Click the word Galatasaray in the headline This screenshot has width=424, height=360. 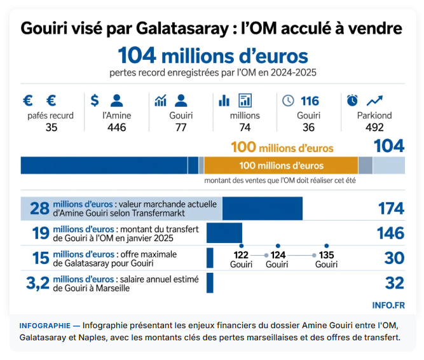pos(183,29)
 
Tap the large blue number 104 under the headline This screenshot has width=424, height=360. pos(137,55)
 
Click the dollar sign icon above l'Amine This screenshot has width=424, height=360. pos(95,100)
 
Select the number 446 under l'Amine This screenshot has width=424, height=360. pos(116,127)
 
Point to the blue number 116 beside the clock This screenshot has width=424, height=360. pos(310,101)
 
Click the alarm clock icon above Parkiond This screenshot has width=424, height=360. pos(352,100)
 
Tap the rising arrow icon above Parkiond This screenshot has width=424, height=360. pos(375,100)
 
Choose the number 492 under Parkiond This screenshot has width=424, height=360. pos(374,127)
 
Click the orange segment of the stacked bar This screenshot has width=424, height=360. pos(281,165)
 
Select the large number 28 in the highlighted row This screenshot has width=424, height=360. pos(40,209)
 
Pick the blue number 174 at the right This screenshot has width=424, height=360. pos(391,209)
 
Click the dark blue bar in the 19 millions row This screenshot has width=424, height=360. pos(224,233)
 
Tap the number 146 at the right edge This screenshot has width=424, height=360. pos(391,233)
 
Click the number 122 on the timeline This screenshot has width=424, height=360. pos(241,255)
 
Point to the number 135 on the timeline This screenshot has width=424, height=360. pos(326,255)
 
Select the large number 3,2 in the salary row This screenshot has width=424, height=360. pos(38,283)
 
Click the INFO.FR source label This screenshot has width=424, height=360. pos(388,305)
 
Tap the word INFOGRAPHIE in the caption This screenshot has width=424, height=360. pos(45,326)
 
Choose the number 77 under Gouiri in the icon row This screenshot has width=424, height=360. pos(181,127)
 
